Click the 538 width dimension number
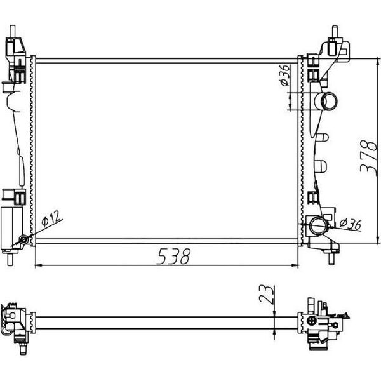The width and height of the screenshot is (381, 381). (173, 257)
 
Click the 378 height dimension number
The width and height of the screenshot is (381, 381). (368, 157)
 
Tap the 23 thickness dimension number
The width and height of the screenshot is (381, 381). (267, 295)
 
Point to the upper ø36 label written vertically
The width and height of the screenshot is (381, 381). (284, 76)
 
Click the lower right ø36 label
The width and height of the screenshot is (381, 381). (350, 224)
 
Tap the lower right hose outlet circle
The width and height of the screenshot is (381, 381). (319, 225)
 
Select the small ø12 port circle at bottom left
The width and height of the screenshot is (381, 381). (23, 240)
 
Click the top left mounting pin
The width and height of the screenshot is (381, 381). (13, 32)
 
